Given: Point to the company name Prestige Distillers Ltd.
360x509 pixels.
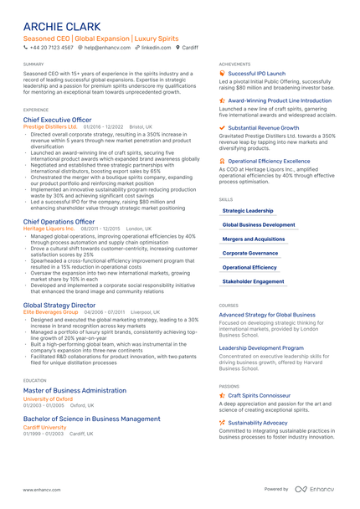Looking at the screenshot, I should click(51, 126).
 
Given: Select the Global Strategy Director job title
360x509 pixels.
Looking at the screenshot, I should click(59, 306).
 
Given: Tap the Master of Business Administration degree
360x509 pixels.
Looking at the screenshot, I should click(75, 390).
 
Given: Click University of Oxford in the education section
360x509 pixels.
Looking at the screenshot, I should click(49, 398).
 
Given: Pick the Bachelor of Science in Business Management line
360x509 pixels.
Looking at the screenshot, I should click(92, 419).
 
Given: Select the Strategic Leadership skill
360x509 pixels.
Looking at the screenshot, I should click(248, 211).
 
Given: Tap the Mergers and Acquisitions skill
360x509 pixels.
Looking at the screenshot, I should click(253, 239).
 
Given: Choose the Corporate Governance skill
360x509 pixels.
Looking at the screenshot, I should click(249, 254).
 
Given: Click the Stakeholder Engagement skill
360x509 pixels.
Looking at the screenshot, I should click(253, 282).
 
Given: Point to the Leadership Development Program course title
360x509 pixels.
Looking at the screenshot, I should click(261, 347).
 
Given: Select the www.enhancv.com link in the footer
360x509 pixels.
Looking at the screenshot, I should click(41, 490).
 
